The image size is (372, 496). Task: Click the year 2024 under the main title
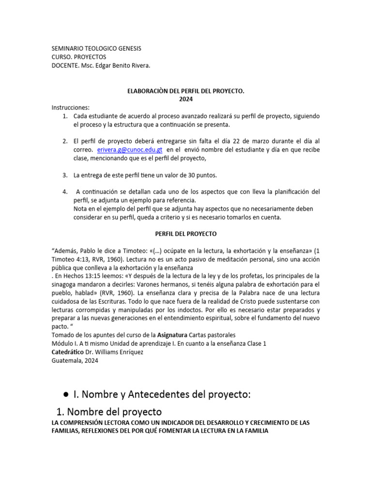click(186, 99)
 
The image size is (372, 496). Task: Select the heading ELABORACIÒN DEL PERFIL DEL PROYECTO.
click(186, 91)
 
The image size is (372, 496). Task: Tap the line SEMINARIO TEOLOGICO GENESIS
click(96, 49)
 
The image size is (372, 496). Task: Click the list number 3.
click(65, 174)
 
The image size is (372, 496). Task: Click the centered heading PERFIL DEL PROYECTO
click(186, 234)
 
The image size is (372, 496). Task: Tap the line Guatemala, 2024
click(76, 360)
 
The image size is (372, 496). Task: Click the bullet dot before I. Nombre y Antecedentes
click(64, 395)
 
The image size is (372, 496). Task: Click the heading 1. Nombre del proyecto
click(109, 412)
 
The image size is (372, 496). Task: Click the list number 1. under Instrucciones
click(65, 116)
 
